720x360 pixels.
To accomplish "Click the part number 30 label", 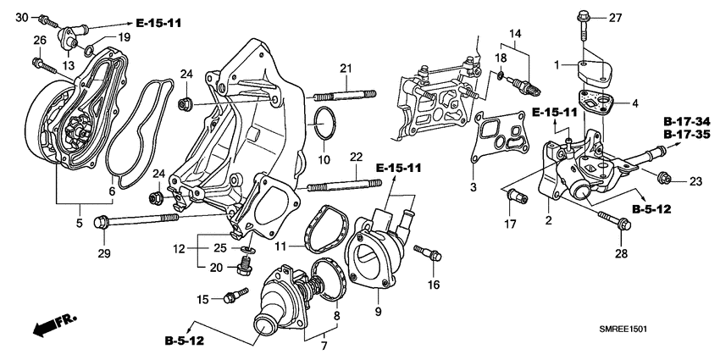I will click(x=22, y=17).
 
